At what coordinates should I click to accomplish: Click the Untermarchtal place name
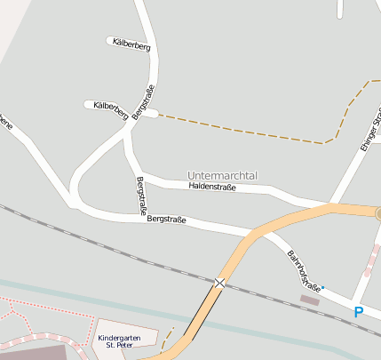pos(222,176)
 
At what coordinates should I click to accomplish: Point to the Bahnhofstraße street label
pos(302,270)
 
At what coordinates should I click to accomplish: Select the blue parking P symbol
pos(359,312)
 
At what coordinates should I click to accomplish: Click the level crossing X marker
pos(219,283)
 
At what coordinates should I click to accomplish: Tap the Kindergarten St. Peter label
pos(120,341)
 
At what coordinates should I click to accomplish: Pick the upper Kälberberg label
pos(132,45)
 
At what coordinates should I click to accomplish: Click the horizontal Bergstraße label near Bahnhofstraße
pos(166,219)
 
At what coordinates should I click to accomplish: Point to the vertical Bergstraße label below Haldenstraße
pos(140,196)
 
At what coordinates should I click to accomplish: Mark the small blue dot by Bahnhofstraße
pos(322,287)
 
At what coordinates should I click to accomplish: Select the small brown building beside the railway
pos(310,300)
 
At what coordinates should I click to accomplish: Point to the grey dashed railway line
pos(107,240)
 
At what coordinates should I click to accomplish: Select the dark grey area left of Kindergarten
pos(36,352)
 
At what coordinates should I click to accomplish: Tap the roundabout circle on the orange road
pos(378,213)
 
